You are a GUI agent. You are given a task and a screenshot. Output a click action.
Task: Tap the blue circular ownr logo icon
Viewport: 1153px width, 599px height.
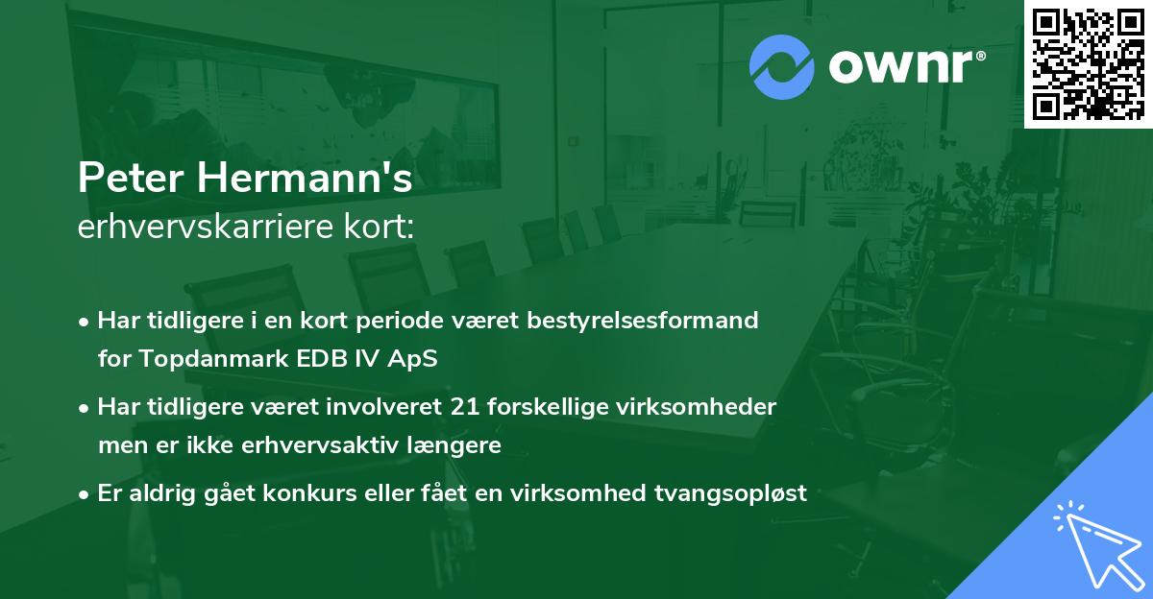coord(782,65)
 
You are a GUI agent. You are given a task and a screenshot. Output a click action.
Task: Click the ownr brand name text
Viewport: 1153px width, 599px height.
coord(905,65)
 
